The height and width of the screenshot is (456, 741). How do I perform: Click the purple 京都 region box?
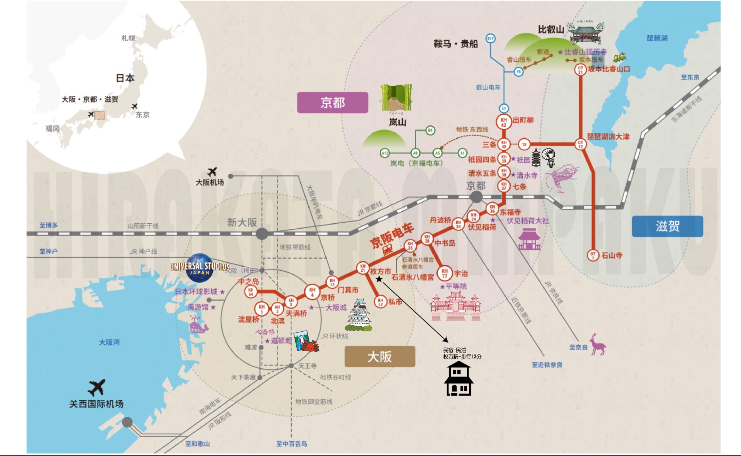[x=333, y=103]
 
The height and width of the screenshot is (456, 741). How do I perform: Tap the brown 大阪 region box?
[x=380, y=357]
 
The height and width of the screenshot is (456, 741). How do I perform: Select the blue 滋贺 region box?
[x=667, y=227]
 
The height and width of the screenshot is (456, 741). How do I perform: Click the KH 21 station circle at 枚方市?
[x=363, y=268]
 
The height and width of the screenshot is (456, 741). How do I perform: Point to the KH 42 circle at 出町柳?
[x=503, y=122]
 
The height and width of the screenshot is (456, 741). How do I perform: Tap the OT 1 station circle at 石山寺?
[x=593, y=255]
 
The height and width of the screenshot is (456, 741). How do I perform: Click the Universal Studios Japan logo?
[x=199, y=268]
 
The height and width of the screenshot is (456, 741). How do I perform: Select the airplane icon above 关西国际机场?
[x=97, y=387]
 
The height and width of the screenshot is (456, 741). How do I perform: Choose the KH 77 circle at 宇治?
[x=444, y=273]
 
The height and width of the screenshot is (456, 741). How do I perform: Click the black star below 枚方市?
[x=379, y=279]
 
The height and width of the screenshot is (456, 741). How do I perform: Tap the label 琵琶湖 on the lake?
[x=657, y=38]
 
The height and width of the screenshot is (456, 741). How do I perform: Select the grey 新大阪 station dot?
[x=262, y=234]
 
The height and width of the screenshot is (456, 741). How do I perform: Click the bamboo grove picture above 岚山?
[x=396, y=98]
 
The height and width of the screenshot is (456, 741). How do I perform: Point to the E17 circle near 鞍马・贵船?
[x=490, y=38]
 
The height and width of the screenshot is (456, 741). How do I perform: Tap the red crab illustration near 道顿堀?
[x=310, y=346]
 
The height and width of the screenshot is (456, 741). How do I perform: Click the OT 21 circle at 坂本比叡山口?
[x=580, y=69]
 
